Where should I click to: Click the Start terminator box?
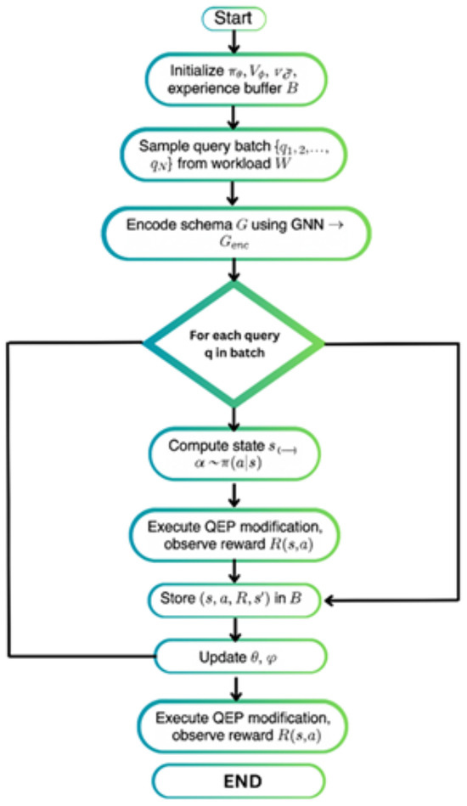click(233, 17)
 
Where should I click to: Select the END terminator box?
click(238, 780)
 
